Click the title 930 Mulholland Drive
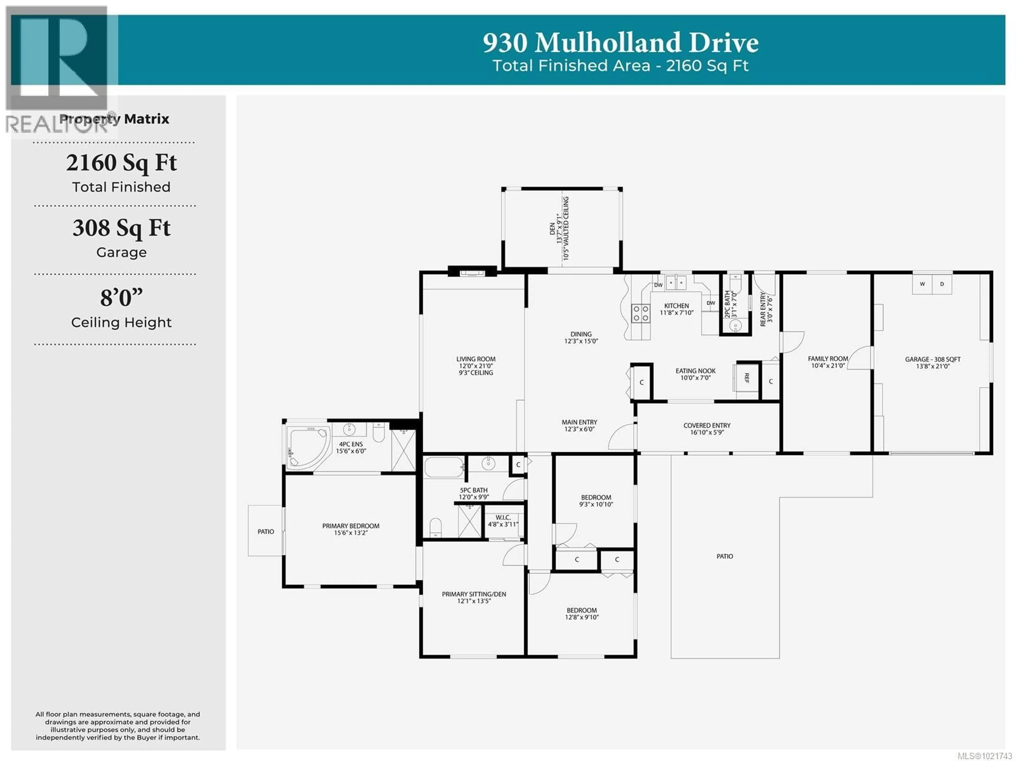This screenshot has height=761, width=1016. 620,43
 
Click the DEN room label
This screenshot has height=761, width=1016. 552,228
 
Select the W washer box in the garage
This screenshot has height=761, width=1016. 922,284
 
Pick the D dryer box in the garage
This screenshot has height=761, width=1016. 942,284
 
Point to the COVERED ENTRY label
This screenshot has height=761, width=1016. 706,425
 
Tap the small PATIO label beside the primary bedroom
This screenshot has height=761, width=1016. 265,531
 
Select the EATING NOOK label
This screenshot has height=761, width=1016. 695,371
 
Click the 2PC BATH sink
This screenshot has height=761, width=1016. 735,326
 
